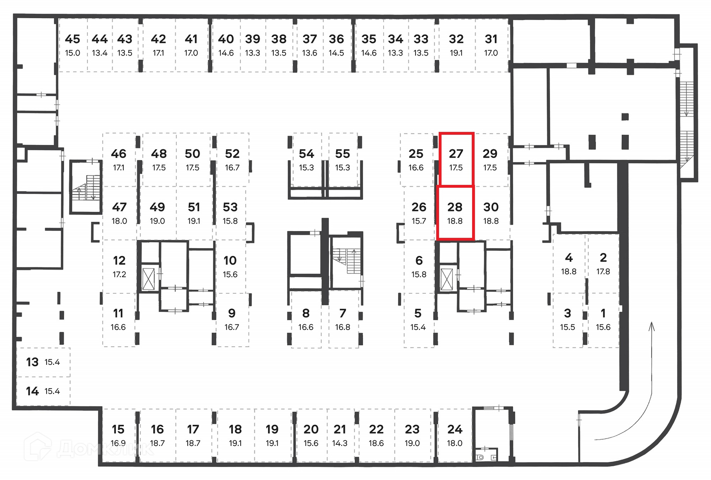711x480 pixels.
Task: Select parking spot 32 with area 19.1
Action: click(456, 44)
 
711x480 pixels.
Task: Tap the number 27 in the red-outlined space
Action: click(456, 154)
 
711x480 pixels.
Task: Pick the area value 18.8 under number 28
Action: click(455, 221)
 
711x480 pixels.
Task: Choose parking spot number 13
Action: click(32, 362)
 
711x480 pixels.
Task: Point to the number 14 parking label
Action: click(32, 391)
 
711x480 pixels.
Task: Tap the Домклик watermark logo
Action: click(89, 448)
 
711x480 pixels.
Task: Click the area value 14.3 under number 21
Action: click(340, 443)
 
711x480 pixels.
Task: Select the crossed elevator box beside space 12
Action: click(148, 279)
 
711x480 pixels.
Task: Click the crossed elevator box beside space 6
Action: click(447, 279)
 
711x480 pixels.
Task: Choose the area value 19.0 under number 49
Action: click(157, 221)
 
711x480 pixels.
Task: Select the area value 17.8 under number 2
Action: click(603, 271)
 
